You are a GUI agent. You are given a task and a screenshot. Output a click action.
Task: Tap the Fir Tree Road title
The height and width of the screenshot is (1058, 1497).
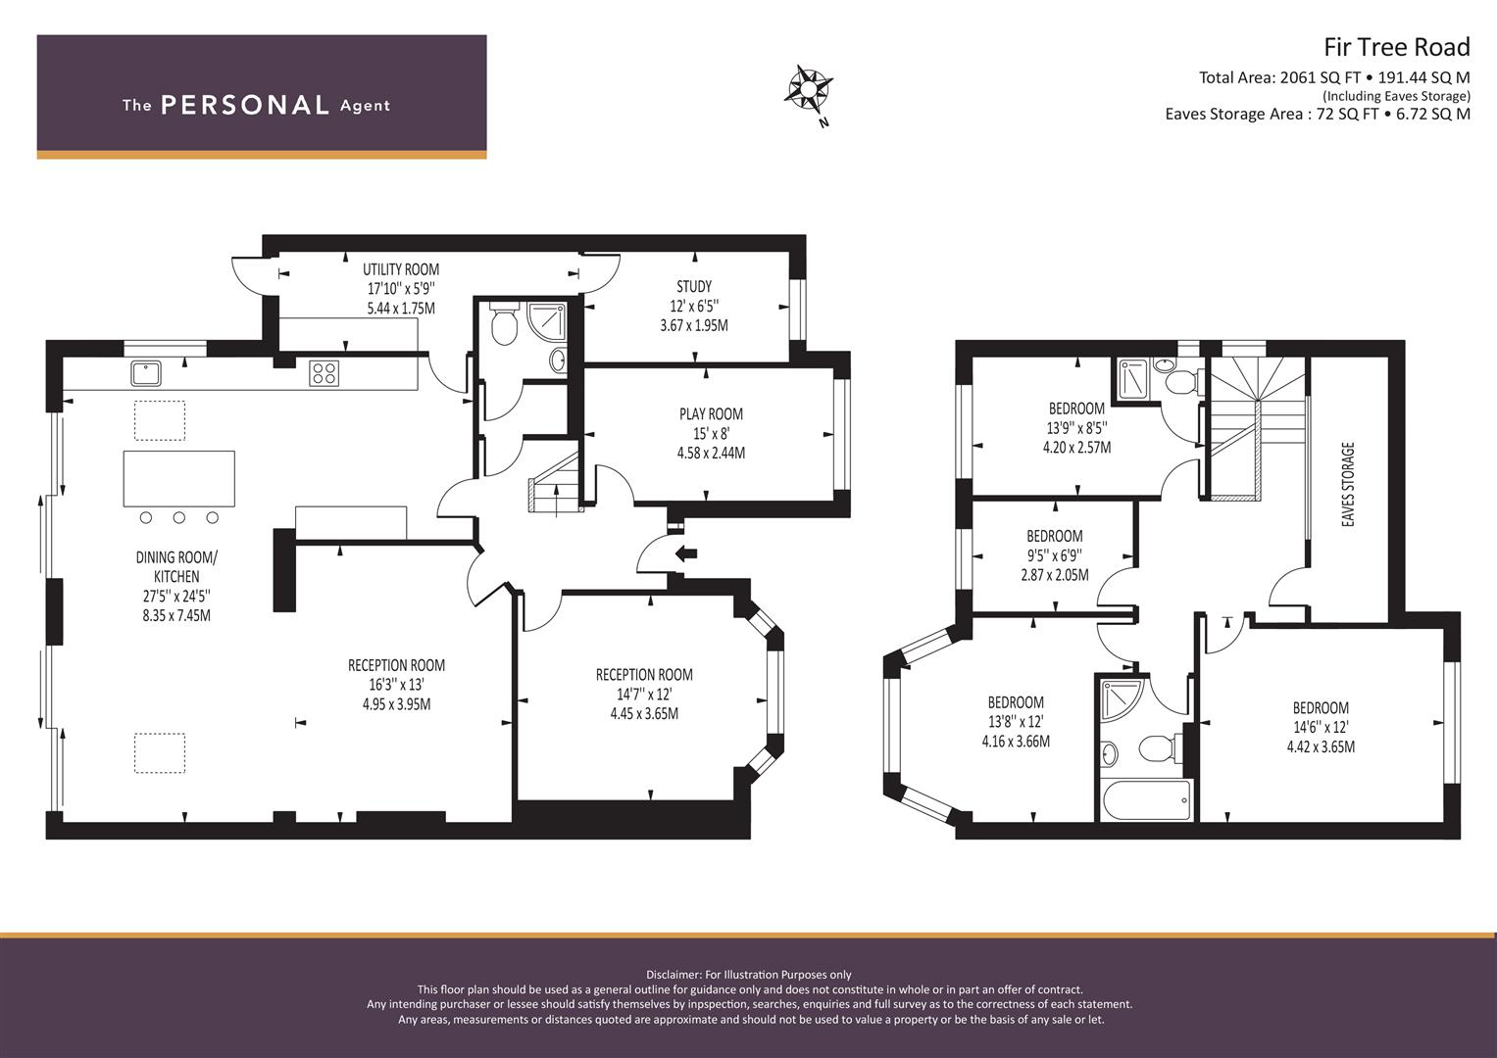1397,47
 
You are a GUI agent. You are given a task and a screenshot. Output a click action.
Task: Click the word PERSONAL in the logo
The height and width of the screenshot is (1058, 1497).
245,106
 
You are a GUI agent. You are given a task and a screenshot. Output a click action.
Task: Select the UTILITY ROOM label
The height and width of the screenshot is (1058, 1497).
401,269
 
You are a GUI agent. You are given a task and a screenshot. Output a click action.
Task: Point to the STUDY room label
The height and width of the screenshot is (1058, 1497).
694,287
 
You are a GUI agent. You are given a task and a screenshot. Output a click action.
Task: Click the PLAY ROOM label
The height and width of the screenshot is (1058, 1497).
711,414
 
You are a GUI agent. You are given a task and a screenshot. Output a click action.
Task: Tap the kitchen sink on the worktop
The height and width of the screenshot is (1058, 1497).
146,373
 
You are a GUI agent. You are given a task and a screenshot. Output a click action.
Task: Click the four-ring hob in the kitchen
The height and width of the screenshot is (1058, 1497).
324,373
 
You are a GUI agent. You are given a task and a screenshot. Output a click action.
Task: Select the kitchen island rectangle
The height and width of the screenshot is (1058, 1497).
179,478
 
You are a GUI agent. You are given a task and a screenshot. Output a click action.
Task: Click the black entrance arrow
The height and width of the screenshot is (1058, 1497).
686,553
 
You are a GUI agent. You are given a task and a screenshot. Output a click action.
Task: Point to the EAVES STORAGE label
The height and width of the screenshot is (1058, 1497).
1349,485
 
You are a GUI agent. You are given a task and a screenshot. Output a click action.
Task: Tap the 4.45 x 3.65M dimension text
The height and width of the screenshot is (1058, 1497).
644,714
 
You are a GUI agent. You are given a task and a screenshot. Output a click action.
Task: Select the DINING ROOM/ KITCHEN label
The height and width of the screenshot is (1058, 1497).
176,567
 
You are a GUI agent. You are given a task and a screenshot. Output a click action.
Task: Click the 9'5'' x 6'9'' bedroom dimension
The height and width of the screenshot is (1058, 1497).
1055,555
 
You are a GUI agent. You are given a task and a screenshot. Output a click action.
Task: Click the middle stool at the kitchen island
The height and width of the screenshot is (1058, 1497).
179,517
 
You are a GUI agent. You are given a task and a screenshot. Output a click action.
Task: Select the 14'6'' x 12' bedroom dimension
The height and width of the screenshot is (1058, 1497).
1321,727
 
